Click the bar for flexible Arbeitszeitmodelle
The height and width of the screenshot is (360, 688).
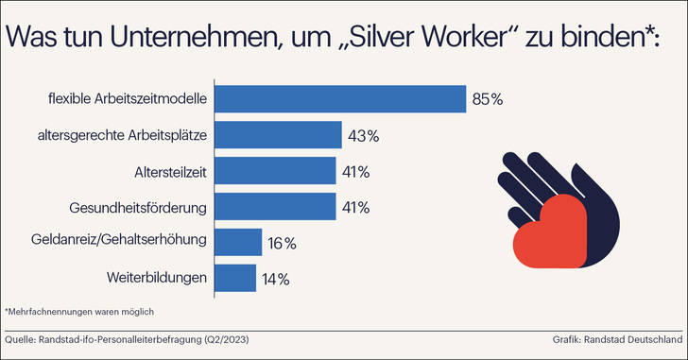[341, 99]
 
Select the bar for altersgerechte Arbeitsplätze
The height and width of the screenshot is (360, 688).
[279, 135]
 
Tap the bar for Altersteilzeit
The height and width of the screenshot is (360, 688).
[276, 171]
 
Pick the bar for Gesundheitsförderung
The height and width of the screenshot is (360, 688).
[276, 206]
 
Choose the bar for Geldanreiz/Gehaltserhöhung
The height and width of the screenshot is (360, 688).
[239, 242]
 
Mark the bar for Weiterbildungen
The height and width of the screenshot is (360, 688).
[236, 278]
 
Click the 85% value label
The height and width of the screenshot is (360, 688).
[488, 99]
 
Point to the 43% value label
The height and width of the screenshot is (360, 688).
[364, 135]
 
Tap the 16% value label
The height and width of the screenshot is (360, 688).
[282, 243]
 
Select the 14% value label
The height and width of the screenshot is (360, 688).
[276, 279]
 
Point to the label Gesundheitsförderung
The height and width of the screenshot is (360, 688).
[138, 206]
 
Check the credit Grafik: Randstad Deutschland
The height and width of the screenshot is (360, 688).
[617, 338]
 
